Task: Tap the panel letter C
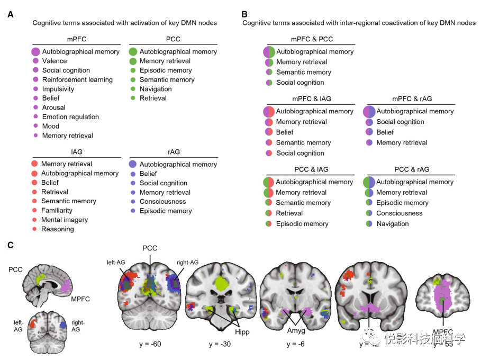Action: (11, 245)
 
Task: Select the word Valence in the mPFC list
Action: (54, 61)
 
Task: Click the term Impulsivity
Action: (58, 89)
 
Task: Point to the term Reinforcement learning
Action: (77, 79)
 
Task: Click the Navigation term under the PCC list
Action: (156, 89)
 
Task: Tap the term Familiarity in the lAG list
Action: (57, 210)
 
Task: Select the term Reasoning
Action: (58, 229)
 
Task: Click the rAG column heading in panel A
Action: (173, 151)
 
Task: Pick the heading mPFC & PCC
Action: (312, 39)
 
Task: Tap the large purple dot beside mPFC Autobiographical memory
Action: (35, 52)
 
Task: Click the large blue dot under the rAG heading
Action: (133, 164)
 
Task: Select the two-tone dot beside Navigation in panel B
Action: (369, 224)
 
